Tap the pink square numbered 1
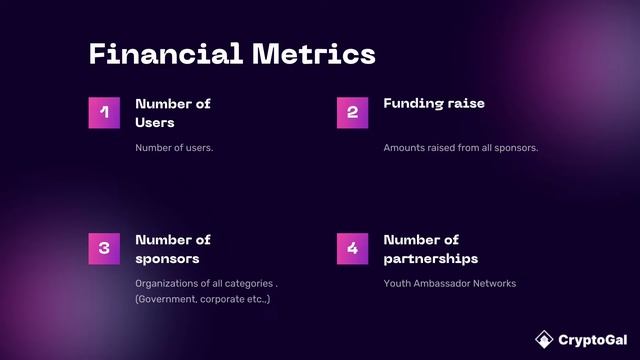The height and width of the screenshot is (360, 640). pos(104,113)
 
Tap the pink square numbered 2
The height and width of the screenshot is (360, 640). pos(352,113)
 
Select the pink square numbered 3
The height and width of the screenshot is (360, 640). pos(104,249)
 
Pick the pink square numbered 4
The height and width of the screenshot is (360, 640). pos(352,249)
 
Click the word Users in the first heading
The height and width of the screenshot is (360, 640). pos(155,123)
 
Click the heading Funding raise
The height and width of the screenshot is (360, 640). pos(434,104)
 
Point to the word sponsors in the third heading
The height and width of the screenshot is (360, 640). pos(168,259)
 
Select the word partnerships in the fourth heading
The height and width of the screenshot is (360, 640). pos(430,259)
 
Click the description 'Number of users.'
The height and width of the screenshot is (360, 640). pos(174,148)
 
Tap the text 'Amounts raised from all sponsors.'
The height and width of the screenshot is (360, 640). pos(461,148)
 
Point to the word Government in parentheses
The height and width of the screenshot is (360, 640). pos(168,300)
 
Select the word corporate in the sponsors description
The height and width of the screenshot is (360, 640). pos(226,300)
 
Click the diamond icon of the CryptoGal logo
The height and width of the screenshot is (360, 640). pos(544,338)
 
